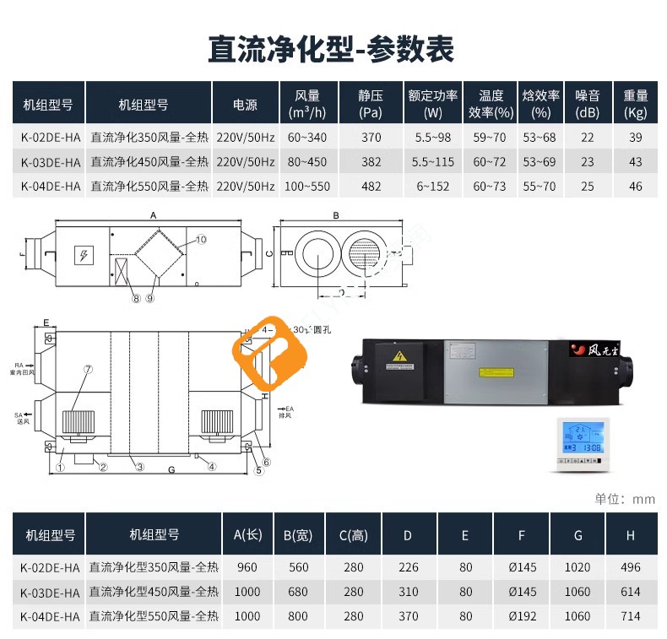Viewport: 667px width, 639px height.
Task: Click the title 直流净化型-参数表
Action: [x=332, y=49]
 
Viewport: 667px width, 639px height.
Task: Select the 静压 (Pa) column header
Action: [x=371, y=104]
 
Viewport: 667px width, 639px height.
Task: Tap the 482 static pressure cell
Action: [x=371, y=187]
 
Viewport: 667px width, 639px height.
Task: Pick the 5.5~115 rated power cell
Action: [x=433, y=162]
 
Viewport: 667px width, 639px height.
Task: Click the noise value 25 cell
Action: [x=587, y=187]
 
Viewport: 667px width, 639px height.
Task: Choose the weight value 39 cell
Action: [x=635, y=138]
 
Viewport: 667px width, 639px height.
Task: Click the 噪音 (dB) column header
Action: [x=587, y=104]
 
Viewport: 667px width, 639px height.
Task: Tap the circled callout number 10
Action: [x=200, y=240]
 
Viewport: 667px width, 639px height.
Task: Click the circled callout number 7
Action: [x=87, y=370]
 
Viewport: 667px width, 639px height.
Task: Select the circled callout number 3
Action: [x=140, y=467]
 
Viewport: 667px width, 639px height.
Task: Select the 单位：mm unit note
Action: [x=625, y=499]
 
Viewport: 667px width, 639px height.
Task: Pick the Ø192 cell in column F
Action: [x=523, y=617]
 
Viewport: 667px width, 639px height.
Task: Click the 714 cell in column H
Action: [x=630, y=617]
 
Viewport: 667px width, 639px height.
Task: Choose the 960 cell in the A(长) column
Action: [x=248, y=568]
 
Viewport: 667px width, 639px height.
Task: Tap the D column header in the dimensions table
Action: [x=408, y=534]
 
